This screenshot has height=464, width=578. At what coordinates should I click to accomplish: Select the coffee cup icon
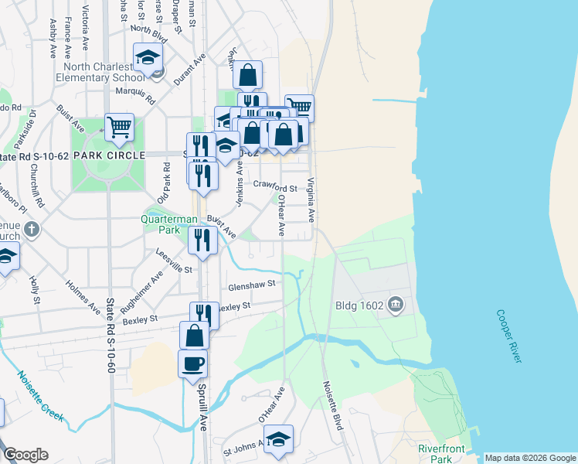192,363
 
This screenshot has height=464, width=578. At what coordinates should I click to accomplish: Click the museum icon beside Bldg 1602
396,305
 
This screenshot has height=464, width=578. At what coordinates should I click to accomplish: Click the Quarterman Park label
169,224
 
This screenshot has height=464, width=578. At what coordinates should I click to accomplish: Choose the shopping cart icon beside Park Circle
119,126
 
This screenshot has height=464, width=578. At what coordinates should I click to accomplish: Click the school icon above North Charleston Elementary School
148,56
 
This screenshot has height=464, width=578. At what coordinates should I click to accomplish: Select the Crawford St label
275,189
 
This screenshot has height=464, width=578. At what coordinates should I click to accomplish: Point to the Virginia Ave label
311,200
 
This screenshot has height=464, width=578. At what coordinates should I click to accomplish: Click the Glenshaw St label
251,285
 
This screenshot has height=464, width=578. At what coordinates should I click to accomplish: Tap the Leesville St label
174,257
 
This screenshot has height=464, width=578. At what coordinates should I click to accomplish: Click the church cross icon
31,230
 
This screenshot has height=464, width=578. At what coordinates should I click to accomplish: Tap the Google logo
25,455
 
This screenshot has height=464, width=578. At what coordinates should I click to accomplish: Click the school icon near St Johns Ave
278,438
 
